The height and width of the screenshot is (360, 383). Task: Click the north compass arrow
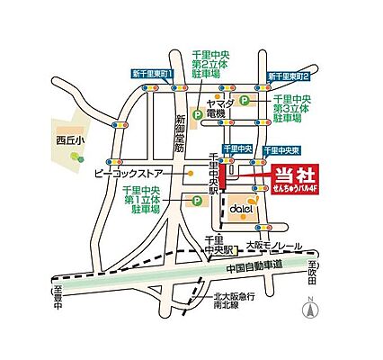coord(310,310)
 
